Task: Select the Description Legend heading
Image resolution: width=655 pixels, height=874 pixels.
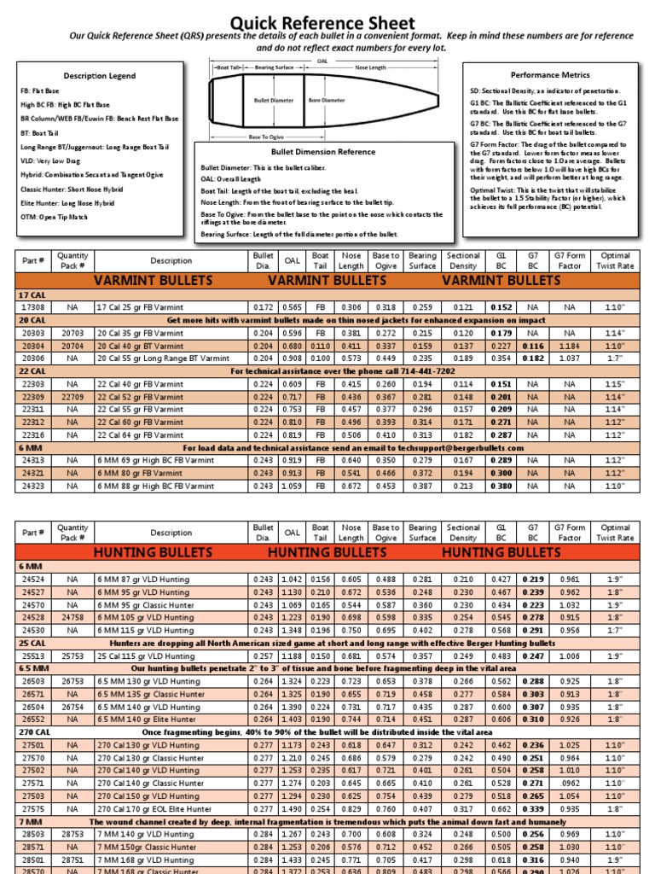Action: tap(99, 76)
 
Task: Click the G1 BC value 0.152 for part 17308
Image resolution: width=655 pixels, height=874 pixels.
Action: tap(501, 306)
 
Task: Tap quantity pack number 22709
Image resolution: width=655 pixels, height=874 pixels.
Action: tap(72, 397)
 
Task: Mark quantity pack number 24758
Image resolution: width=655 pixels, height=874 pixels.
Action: tap(72, 616)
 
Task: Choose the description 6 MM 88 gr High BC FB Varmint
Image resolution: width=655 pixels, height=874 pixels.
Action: tap(155, 487)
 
